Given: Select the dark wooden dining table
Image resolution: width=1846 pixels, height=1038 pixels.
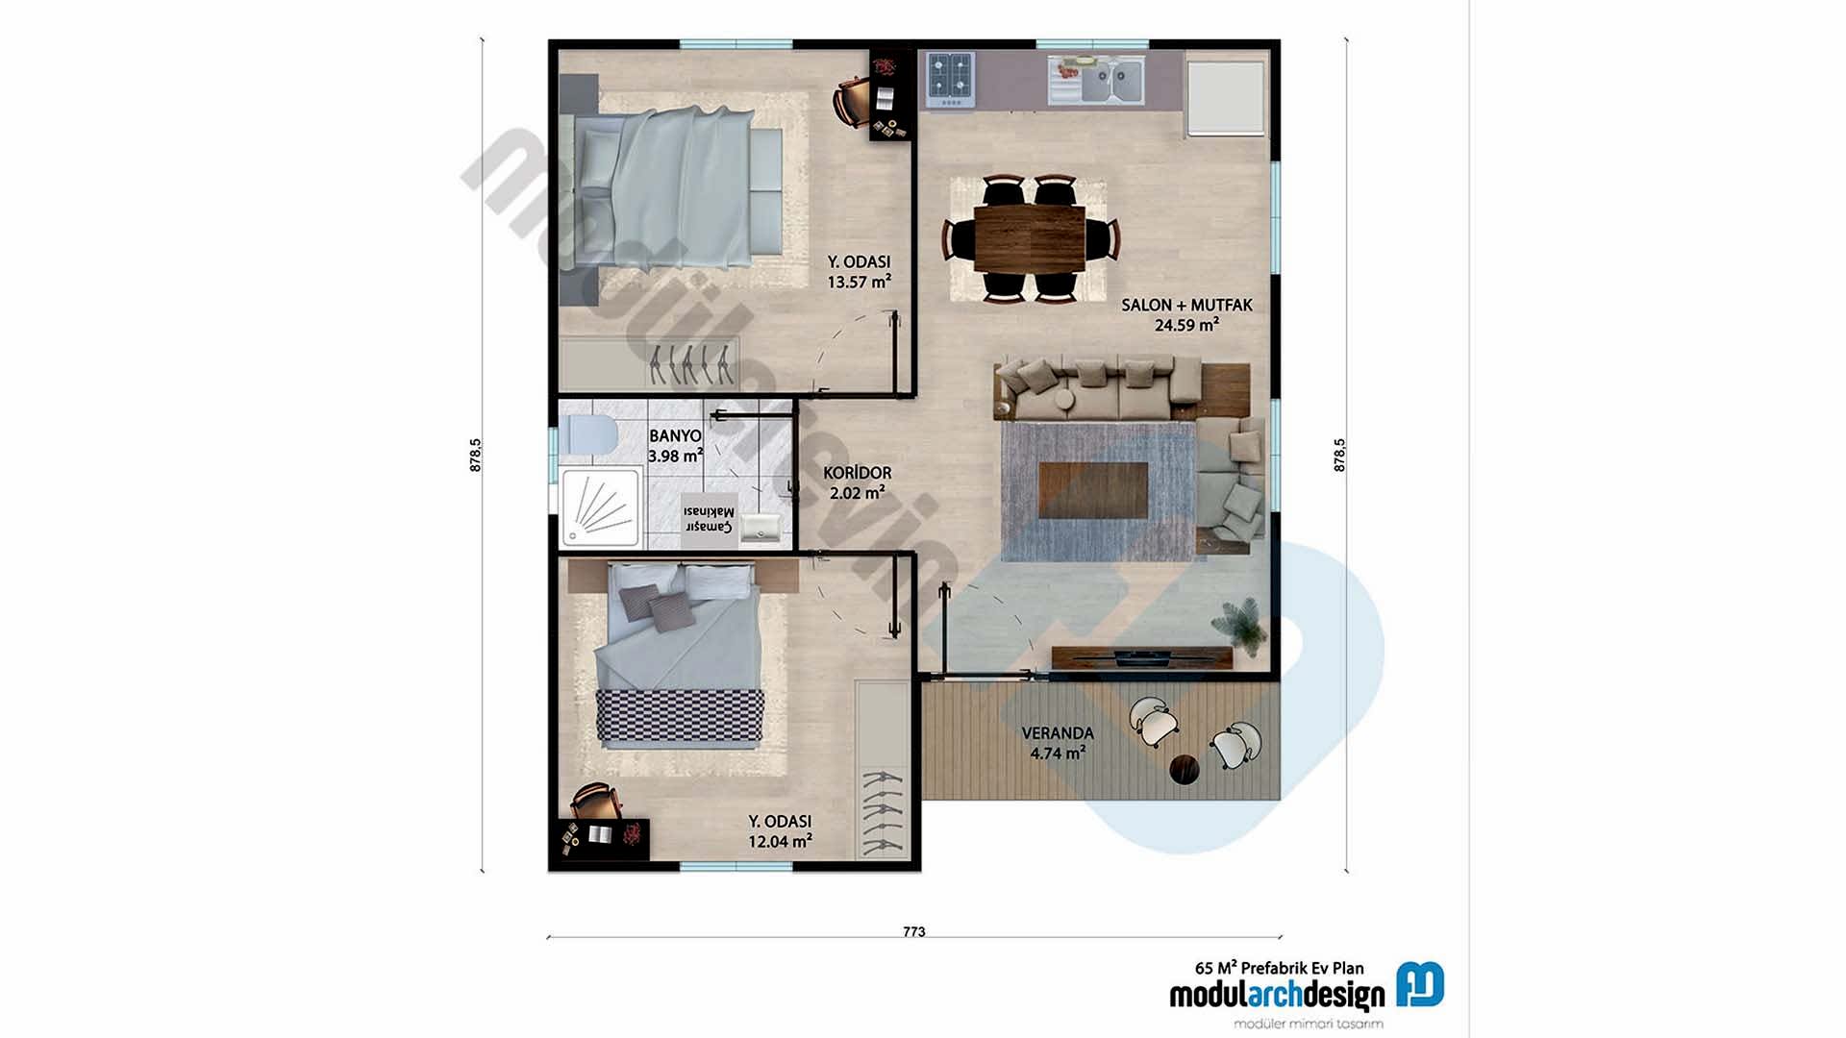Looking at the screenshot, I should tap(1029, 237).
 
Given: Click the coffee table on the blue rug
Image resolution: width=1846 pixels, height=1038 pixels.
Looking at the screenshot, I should tap(1093, 490).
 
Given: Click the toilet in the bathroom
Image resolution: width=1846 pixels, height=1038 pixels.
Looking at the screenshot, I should tap(589, 434).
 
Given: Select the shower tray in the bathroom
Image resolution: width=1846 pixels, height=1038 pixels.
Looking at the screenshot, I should tap(600, 507).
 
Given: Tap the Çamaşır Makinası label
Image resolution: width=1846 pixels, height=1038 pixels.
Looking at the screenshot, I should tap(709, 519).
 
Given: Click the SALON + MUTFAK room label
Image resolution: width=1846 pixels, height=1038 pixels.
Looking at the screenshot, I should tap(1186, 305).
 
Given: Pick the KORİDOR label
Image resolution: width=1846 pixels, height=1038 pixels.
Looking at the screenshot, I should tap(857, 473).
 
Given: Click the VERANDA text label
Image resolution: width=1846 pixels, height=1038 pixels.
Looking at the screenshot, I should tap(1058, 733).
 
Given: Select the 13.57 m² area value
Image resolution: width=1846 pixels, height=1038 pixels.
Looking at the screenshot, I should tap(859, 283).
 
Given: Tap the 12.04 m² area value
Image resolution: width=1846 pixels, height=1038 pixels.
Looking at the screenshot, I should tap(780, 842).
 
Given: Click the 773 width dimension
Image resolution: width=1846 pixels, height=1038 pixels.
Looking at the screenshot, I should tap(913, 931).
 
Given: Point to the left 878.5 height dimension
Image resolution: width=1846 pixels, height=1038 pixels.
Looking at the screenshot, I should tap(475, 455).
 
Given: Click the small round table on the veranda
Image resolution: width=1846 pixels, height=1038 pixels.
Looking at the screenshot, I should tap(1184, 770).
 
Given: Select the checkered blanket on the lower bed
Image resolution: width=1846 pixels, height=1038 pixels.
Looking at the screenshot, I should tap(680, 716).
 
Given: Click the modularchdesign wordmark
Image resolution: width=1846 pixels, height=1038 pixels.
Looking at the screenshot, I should tap(1277, 996).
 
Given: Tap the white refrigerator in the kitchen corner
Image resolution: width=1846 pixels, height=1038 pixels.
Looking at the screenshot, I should tap(1225, 98).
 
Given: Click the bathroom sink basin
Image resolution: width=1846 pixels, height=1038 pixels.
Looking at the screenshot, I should tap(761, 528).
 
